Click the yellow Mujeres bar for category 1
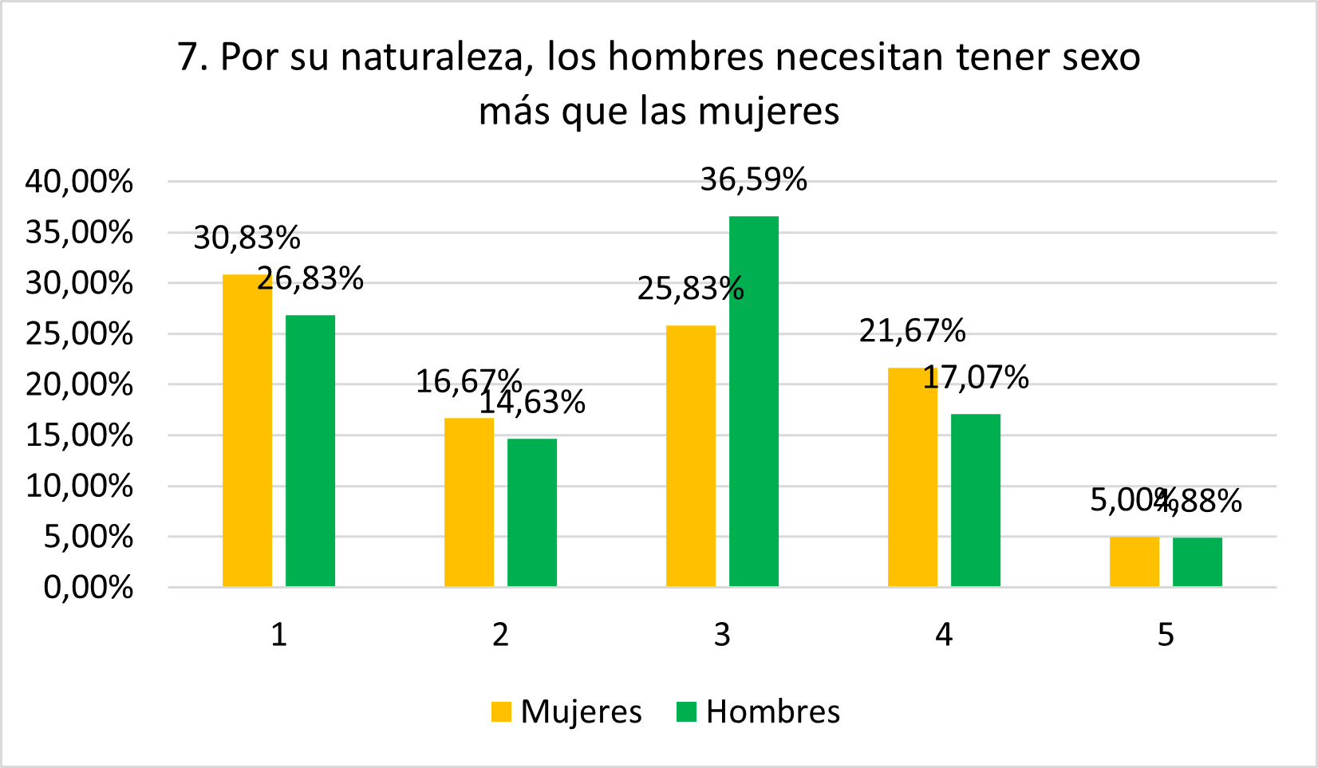247,431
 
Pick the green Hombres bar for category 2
531,512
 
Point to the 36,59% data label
753,180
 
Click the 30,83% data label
247,238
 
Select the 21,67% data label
912,331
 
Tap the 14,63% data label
531,403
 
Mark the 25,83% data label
690,289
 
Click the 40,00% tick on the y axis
79,182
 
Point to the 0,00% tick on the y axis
88,588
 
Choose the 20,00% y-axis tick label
79,384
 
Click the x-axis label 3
722,635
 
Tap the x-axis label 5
1166,635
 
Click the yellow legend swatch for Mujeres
501,711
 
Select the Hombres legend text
772,711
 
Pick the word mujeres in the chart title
768,112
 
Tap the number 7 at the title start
188,57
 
